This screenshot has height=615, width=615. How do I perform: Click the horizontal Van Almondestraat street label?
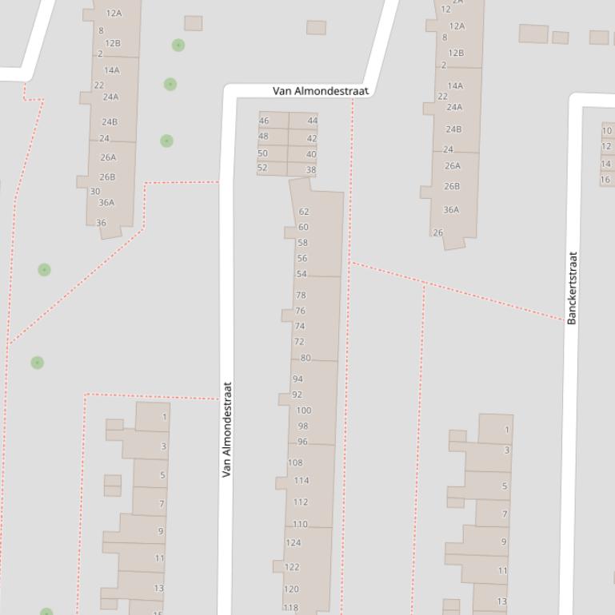(x=321, y=91)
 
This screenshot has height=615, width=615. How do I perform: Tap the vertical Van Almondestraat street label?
(x=226, y=429)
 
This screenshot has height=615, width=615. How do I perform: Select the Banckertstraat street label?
(x=572, y=288)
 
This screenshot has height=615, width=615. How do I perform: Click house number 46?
(x=264, y=121)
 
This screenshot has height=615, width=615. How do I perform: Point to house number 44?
(x=312, y=121)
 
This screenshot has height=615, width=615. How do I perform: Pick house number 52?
(x=262, y=168)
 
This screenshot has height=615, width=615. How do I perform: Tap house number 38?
(x=311, y=170)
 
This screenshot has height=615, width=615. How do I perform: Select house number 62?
(x=304, y=212)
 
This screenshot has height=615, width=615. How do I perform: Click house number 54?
(x=302, y=274)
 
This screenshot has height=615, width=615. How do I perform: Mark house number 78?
(x=301, y=295)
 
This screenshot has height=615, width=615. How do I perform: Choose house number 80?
(x=306, y=358)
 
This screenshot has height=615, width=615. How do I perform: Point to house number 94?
(x=298, y=379)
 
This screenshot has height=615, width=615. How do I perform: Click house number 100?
(x=304, y=411)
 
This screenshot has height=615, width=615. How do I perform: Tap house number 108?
(x=295, y=462)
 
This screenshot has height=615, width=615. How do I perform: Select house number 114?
(x=301, y=481)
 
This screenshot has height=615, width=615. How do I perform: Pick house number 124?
(x=294, y=543)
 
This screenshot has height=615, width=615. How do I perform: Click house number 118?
(x=290, y=608)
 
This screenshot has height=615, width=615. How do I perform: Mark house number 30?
(x=95, y=192)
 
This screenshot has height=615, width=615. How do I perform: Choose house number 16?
(x=605, y=181)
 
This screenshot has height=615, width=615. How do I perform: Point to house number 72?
(x=299, y=342)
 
